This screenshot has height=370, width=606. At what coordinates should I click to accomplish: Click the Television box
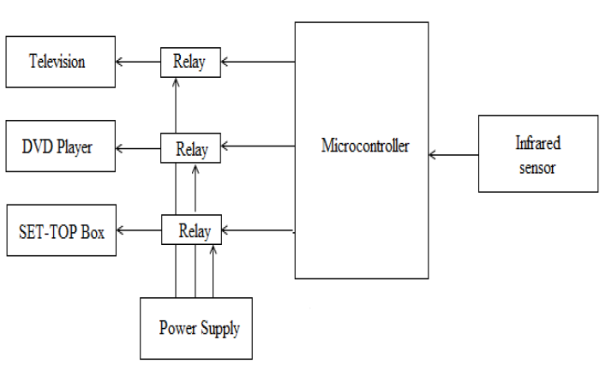point(60,62)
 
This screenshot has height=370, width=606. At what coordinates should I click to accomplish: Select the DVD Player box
point(60,146)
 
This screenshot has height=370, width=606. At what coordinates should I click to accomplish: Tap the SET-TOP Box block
point(62,230)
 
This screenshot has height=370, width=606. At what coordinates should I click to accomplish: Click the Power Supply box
point(196,328)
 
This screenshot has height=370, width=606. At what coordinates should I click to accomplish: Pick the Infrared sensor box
point(538,153)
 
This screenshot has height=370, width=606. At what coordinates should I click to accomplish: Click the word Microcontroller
point(365,146)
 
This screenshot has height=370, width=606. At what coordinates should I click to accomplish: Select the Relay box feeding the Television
point(190,63)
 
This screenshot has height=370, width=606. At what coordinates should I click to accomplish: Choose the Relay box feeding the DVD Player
point(190,148)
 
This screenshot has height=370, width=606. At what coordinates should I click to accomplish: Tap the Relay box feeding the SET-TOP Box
point(191,230)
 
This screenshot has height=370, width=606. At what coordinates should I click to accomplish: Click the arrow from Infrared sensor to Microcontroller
point(453,155)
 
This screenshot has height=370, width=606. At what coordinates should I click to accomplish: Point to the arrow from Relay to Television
point(138,62)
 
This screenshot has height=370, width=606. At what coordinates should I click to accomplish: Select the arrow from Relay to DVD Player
point(138,148)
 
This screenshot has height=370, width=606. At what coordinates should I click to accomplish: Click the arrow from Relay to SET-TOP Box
point(139,230)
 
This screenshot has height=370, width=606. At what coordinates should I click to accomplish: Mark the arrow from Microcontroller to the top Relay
point(258,62)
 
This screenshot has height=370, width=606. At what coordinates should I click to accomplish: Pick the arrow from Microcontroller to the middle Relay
point(258,146)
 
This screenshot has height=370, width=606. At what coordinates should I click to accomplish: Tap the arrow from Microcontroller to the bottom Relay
point(258,230)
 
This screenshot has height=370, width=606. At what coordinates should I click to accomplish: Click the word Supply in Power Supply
point(220,329)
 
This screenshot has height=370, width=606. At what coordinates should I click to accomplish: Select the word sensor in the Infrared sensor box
point(537,168)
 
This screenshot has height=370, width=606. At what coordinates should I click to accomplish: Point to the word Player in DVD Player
point(75,146)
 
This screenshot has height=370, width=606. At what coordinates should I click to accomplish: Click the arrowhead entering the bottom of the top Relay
point(176,81)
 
